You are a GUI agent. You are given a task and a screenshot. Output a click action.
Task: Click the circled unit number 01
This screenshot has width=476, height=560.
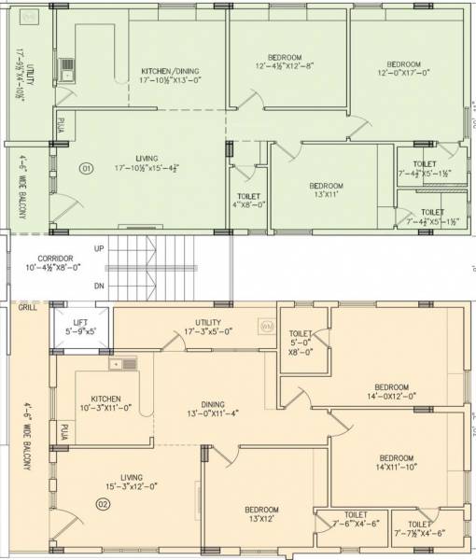[86, 169]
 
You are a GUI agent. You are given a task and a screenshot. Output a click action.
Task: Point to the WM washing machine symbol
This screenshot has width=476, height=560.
[267, 327]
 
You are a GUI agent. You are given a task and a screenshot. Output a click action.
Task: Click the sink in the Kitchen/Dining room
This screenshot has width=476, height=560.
[67, 66]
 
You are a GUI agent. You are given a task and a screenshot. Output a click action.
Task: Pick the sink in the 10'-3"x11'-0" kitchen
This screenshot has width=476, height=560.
[122, 365]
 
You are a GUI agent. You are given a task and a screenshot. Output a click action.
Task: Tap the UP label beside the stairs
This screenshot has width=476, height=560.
[99, 248]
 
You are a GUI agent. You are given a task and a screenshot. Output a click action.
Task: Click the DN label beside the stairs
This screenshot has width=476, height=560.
[99, 286]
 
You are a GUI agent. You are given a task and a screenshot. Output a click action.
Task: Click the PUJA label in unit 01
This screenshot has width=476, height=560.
[62, 123]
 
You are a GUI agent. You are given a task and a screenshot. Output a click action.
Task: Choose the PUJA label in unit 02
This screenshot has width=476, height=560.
[64, 431]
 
